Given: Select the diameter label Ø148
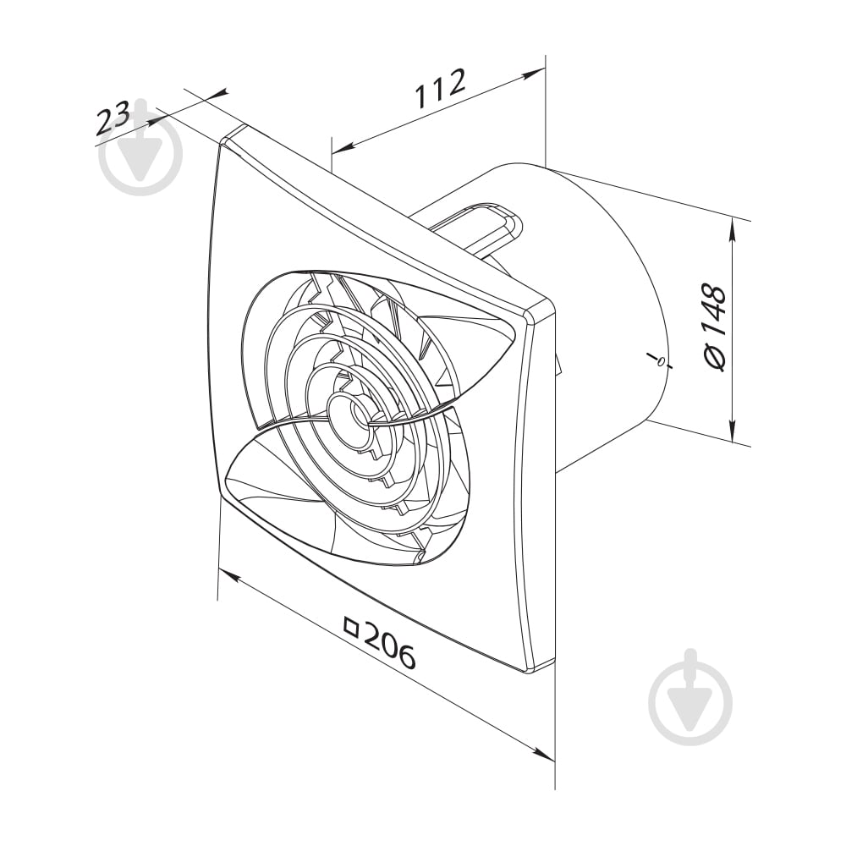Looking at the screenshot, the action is pyautogui.click(x=716, y=327).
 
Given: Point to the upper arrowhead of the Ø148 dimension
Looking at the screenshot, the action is pyautogui.click(x=732, y=231).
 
